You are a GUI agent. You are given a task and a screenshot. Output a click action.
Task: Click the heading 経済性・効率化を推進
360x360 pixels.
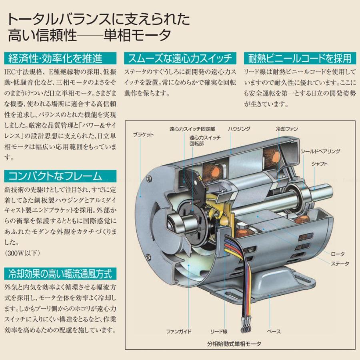(x=56, y=59)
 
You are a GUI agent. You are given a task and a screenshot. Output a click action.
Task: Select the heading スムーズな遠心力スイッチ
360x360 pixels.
(x=180, y=59)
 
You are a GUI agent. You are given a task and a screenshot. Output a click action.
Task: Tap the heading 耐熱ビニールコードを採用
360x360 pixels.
(x=300, y=59)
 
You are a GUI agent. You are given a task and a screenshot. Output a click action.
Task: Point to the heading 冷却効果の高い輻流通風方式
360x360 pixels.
(x=60, y=274)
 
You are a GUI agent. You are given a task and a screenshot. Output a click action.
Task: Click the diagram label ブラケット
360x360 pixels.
(x=143, y=135)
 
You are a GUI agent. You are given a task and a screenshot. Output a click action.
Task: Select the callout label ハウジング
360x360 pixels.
(x=239, y=129)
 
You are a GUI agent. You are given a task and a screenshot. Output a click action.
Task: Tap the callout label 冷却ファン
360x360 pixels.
(x=287, y=129)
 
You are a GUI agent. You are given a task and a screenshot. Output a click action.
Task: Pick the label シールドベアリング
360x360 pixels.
(x=320, y=151)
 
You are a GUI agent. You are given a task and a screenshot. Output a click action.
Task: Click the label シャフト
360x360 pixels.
(x=320, y=164)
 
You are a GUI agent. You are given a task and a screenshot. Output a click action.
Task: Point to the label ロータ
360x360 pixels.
(x=338, y=254)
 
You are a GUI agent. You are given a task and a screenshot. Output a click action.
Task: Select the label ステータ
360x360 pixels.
(x=340, y=264)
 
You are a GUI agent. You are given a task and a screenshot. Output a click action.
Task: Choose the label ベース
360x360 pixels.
(x=274, y=331)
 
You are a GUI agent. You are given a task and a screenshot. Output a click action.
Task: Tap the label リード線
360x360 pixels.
(x=219, y=331)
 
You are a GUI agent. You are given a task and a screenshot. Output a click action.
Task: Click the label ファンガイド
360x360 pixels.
(x=179, y=331)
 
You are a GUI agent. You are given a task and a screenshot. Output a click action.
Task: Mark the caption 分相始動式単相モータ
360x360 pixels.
(x=234, y=343)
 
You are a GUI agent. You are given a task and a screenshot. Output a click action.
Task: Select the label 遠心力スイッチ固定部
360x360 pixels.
(x=192, y=129)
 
